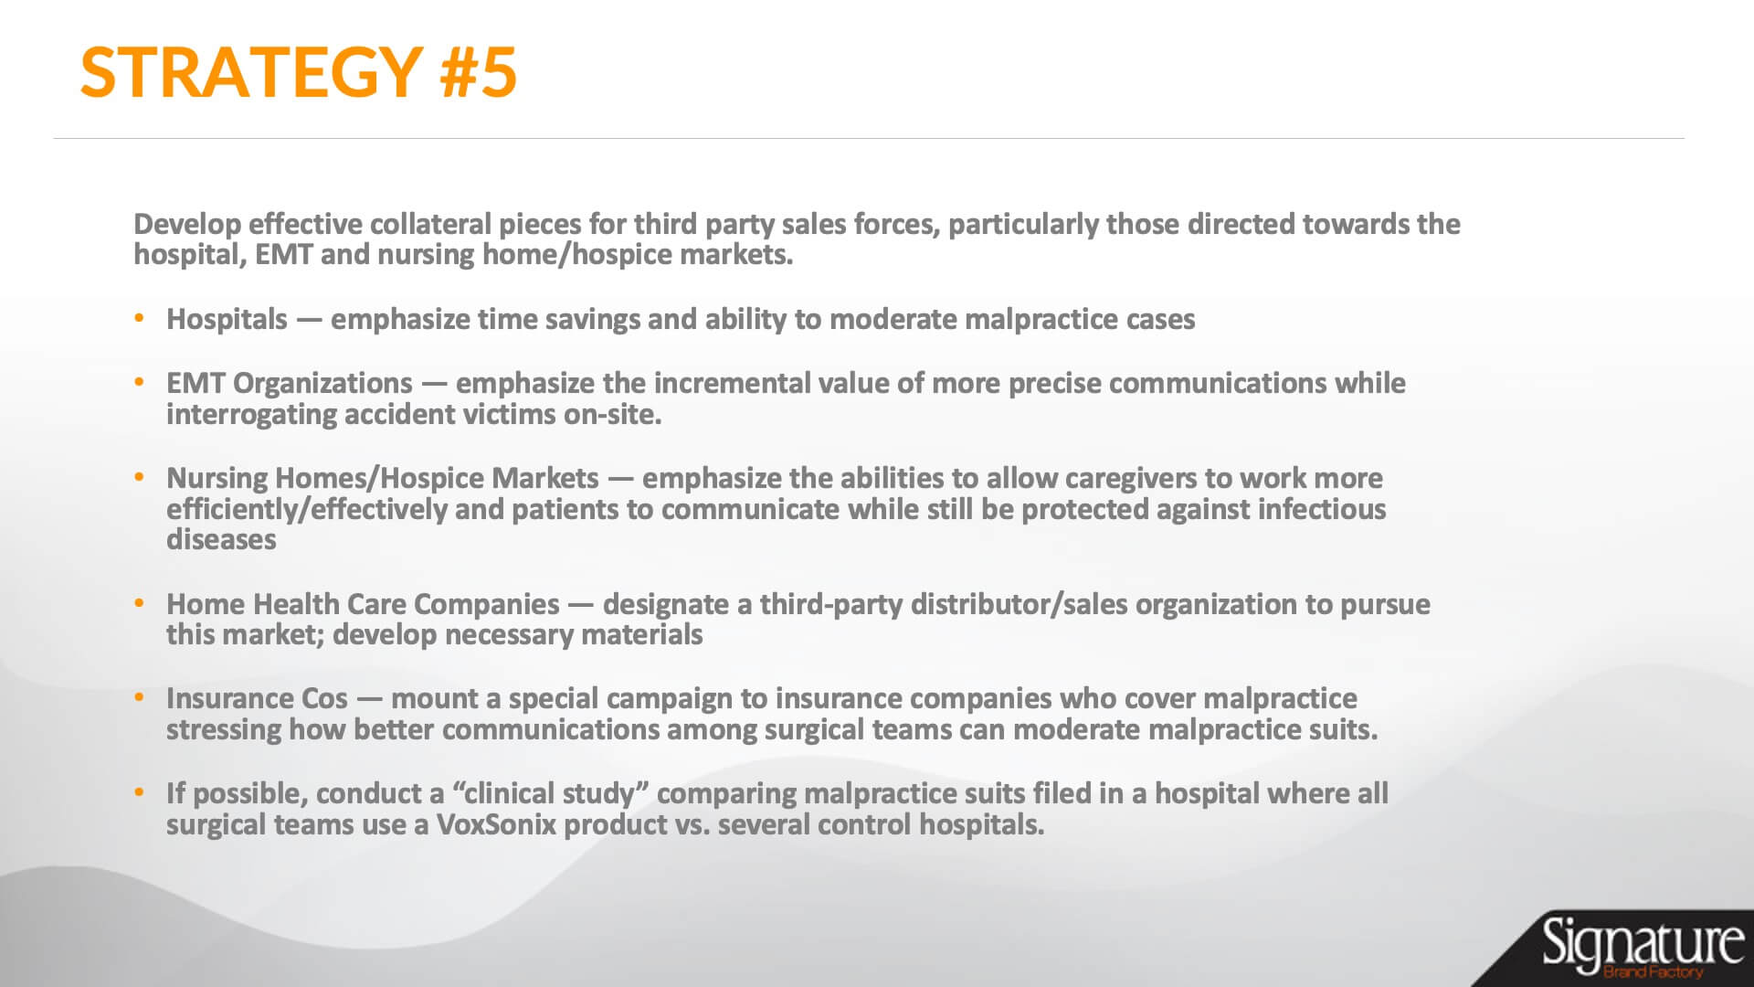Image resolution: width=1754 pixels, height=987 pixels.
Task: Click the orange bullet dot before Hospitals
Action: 139,319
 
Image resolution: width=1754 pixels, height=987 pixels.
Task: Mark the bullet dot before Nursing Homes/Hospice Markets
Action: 139,477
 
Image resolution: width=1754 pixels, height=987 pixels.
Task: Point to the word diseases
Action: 221,540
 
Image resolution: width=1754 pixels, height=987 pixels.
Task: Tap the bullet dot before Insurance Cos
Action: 139,697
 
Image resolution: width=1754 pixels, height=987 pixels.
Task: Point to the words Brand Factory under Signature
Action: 1654,972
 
